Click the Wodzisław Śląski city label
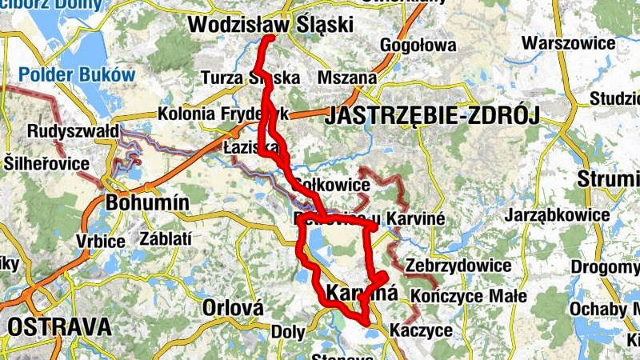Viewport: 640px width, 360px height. click(270, 25)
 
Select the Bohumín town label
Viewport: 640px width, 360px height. click(147, 203)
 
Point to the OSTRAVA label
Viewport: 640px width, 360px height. click(58, 326)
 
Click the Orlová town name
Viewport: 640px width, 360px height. click(233, 308)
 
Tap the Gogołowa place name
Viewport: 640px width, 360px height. click(418, 46)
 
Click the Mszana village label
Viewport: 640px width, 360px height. click(346, 78)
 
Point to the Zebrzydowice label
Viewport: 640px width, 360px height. click(458, 265)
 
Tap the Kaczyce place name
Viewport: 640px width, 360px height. click(421, 330)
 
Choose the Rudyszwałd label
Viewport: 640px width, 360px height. click(73, 130)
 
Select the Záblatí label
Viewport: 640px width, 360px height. click(166, 238)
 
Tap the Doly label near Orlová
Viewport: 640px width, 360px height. click(288, 330)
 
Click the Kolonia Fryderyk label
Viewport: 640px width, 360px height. click(222, 114)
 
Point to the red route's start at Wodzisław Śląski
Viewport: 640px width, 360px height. click(270, 38)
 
